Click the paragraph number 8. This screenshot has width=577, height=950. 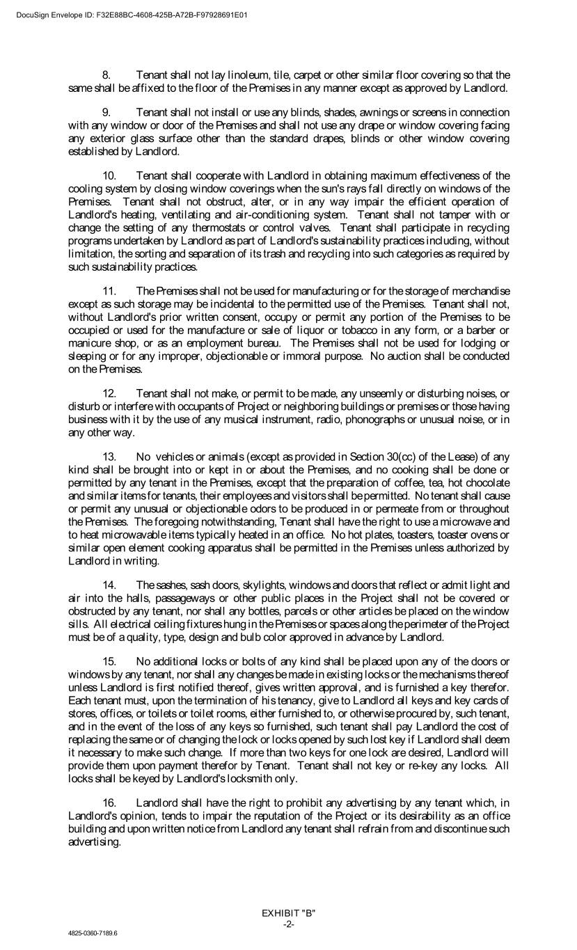tap(106, 75)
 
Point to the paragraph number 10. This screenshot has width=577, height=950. tap(109, 176)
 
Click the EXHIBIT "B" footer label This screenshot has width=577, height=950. tap(288, 912)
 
